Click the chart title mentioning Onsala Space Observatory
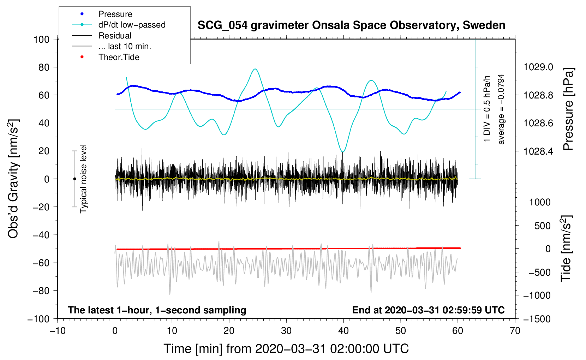(x=351, y=25)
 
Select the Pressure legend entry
(x=115, y=14)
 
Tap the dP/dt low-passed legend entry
(x=132, y=25)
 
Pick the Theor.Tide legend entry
(x=119, y=57)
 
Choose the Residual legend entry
(x=115, y=36)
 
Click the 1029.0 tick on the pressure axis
(x=538, y=67)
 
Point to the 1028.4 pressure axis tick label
(x=538, y=151)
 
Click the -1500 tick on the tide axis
(x=537, y=319)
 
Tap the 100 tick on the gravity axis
(x=41, y=39)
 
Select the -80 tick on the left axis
(x=41, y=291)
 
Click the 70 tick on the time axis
(x=515, y=331)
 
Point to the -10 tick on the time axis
(x=58, y=331)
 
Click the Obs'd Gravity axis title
(x=13, y=179)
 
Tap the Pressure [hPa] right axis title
(x=568, y=109)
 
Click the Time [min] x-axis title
(x=286, y=349)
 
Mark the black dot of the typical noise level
(x=74, y=179)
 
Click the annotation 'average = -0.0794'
(x=501, y=109)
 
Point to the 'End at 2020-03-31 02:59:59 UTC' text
(x=428, y=310)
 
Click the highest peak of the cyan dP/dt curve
(x=255, y=69)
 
